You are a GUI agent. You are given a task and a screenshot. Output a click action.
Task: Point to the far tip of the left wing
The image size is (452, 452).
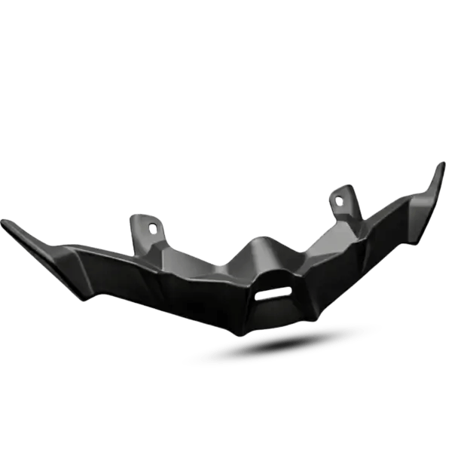4,221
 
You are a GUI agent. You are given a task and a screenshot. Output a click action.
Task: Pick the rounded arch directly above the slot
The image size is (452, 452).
271,277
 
